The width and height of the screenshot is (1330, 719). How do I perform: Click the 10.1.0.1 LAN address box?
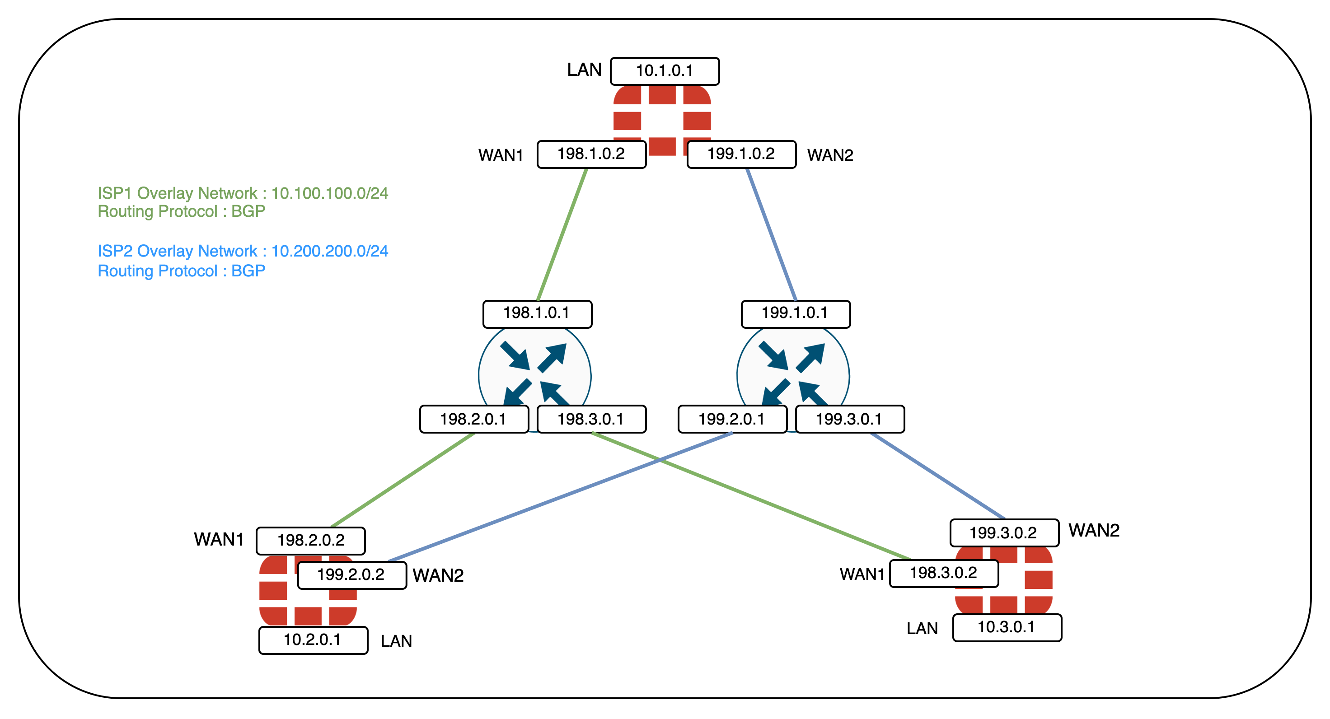tap(665, 71)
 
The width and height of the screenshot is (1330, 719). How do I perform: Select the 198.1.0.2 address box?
tap(591, 154)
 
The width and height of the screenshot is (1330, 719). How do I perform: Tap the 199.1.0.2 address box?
tap(741, 154)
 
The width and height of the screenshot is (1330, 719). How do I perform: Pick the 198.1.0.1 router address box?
tap(537, 313)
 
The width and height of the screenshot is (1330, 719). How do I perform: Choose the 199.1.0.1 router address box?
tap(795, 313)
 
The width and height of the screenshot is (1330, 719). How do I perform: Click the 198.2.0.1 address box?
tap(473, 419)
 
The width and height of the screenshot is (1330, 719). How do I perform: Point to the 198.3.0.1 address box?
tap(591, 419)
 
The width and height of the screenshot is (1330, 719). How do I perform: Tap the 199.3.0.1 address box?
tap(849, 419)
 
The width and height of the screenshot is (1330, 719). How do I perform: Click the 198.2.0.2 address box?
tap(311, 541)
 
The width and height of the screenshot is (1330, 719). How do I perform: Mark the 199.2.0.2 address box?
tap(351, 574)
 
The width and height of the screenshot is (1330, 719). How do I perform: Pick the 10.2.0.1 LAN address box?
tap(313, 640)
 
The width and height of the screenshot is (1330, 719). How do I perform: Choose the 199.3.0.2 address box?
tap(1004, 532)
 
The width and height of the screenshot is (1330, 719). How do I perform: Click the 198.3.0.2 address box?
tap(943, 573)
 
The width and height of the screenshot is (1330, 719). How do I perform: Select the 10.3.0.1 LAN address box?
tap(1007, 627)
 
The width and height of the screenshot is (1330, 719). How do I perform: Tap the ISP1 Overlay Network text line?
tap(243, 193)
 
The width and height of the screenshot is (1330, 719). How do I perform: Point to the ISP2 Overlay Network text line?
tap(243, 251)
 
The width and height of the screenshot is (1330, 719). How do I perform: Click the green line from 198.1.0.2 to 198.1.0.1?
tap(562, 235)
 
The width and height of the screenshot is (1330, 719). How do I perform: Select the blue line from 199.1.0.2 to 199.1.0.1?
tap(771, 235)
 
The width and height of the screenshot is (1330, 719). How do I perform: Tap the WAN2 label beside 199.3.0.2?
tap(1094, 531)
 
